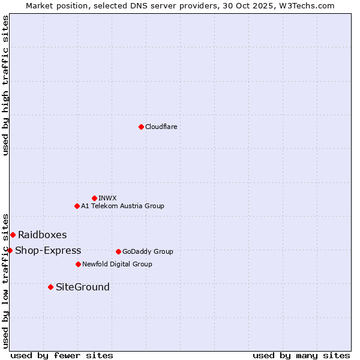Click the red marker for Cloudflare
tap(141, 127)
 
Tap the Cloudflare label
tap(161, 127)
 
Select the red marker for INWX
tap(94, 198)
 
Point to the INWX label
tap(107, 198)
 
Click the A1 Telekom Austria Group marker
tap(77, 206)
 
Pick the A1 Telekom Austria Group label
tap(122, 206)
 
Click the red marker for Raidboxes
tap(13, 235)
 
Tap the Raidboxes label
tap(42, 235)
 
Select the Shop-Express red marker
tap(10, 250)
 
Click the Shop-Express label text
tap(48, 250)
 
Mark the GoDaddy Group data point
tap(118, 251)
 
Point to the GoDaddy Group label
tap(148, 251)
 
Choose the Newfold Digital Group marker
tap(78, 264)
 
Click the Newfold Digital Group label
tap(117, 264)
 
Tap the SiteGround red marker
tap(50, 287)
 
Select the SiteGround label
tap(83, 287)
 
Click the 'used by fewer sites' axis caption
tap(62, 355)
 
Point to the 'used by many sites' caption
tap(301, 355)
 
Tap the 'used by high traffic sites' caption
tap(5, 85)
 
